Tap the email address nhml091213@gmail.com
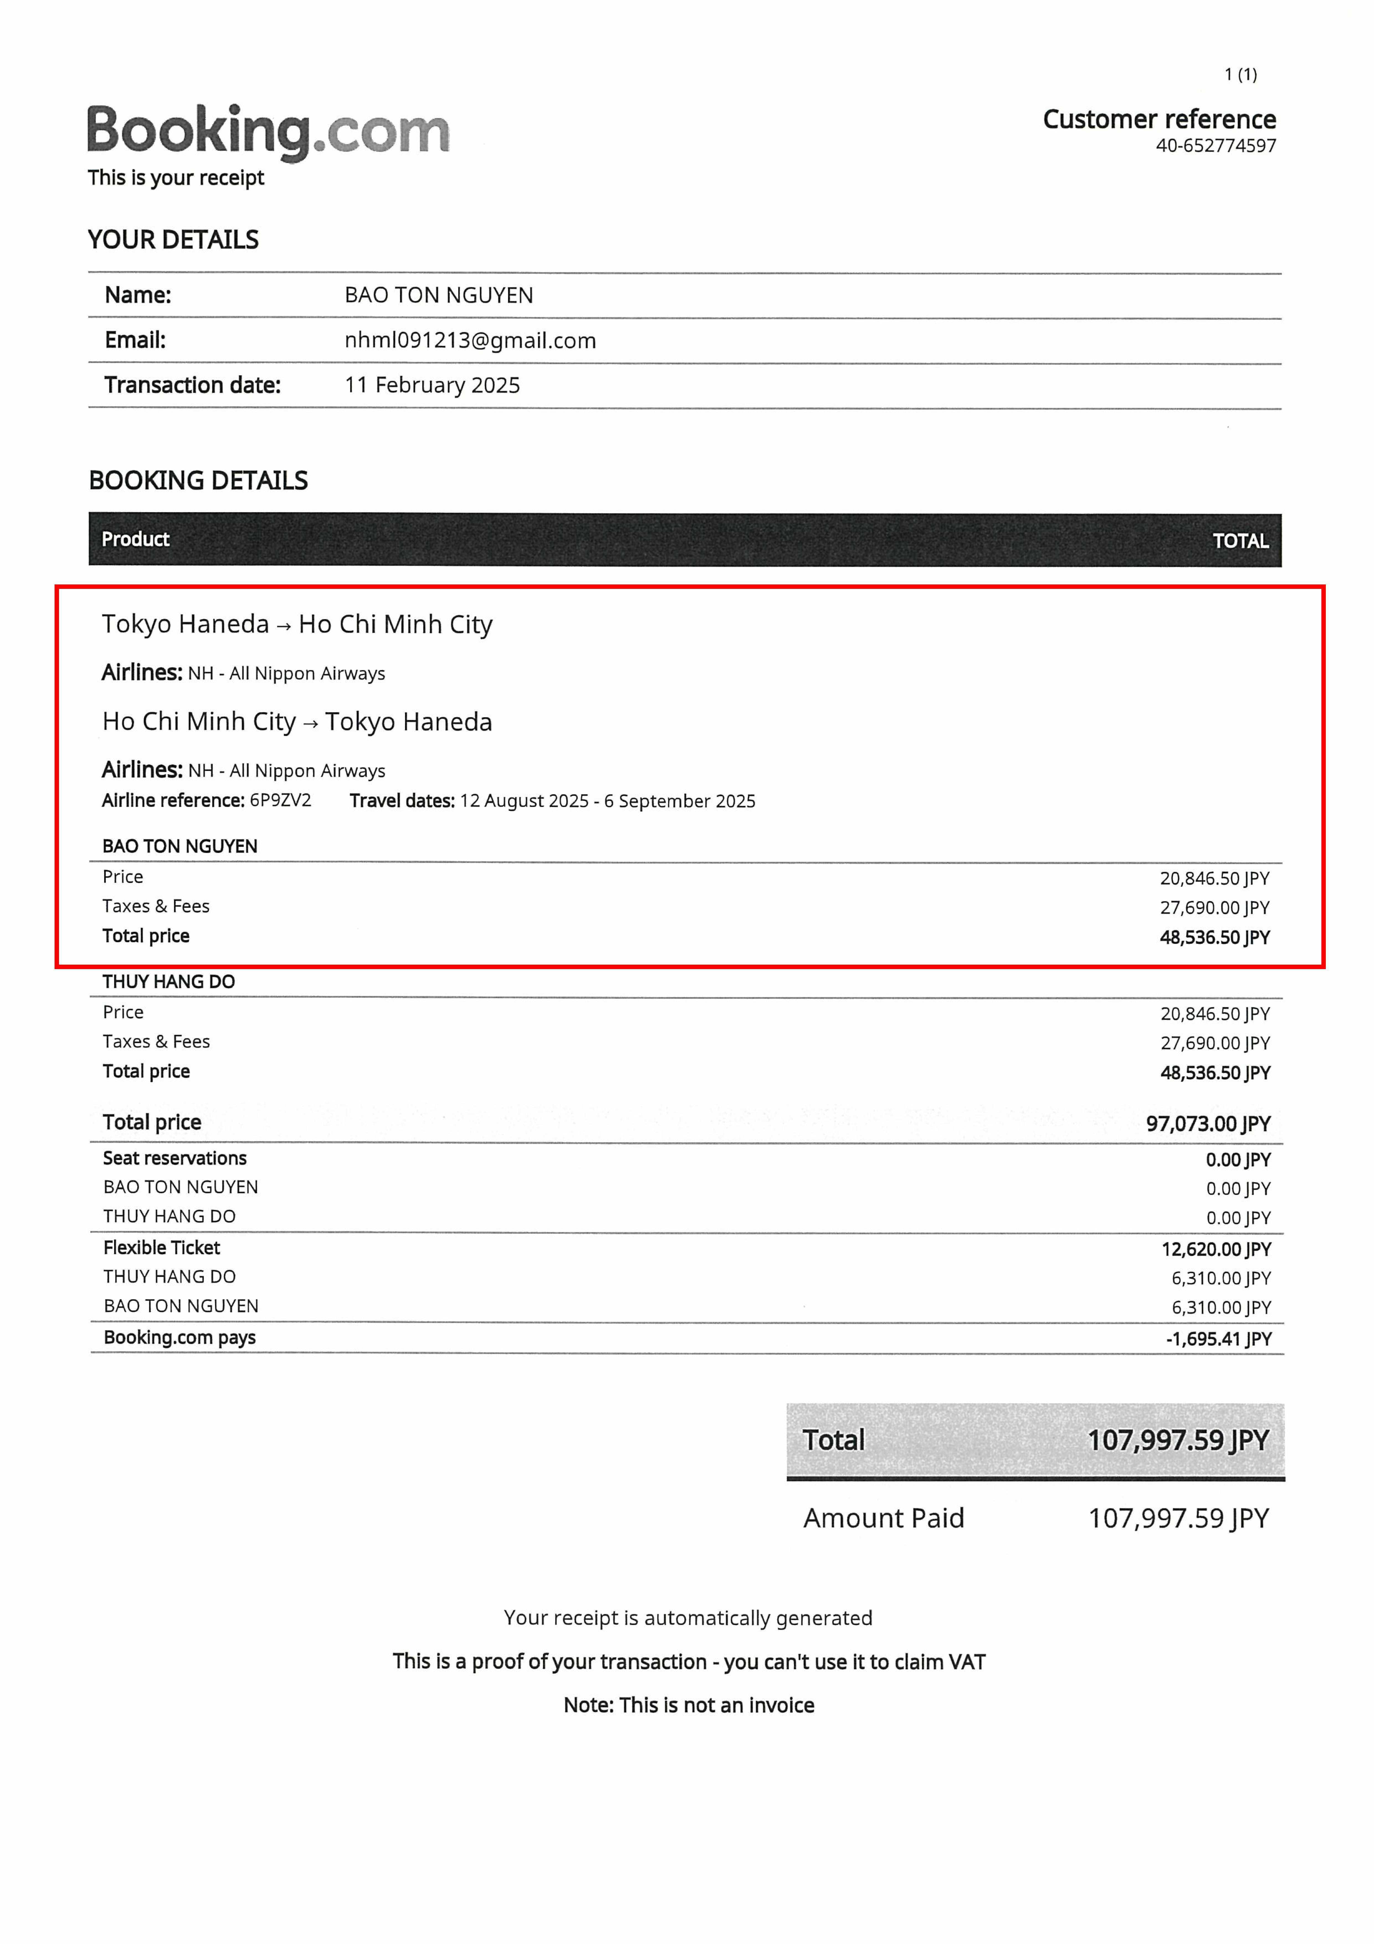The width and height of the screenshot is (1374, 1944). pyautogui.click(x=470, y=340)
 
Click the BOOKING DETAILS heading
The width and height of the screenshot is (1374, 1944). pyautogui.click(x=198, y=481)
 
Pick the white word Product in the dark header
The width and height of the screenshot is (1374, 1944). pyautogui.click(x=135, y=539)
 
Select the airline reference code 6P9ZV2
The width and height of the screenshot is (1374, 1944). pyautogui.click(x=280, y=800)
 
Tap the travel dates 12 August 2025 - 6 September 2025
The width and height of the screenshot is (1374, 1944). pyautogui.click(x=607, y=801)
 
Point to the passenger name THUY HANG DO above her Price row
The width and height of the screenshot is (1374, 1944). pyautogui.click(x=168, y=981)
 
